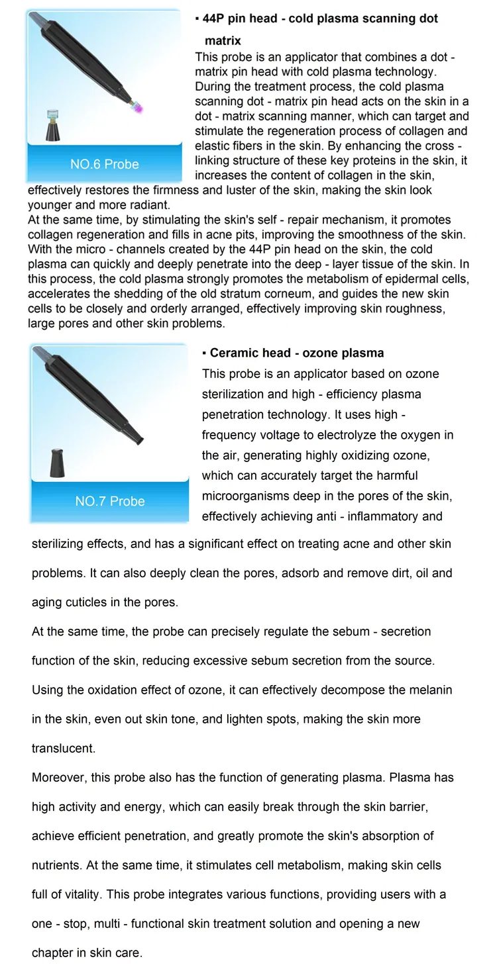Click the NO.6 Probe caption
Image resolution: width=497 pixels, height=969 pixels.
coord(105,164)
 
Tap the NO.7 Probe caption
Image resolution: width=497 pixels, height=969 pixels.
coord(110,501)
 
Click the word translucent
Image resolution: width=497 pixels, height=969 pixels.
coord(64,749)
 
